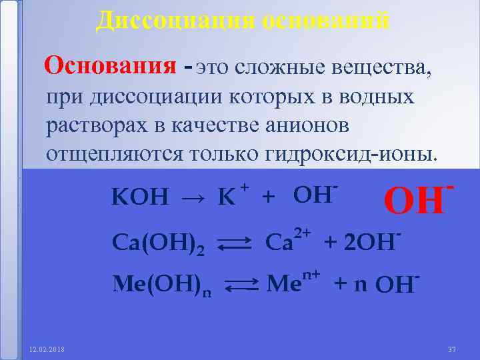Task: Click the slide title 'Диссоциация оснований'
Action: tap(243, 20)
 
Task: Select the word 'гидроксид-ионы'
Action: tap(352, 154)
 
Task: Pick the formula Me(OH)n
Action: tap(157, 285)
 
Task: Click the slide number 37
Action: tap(451, 349)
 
